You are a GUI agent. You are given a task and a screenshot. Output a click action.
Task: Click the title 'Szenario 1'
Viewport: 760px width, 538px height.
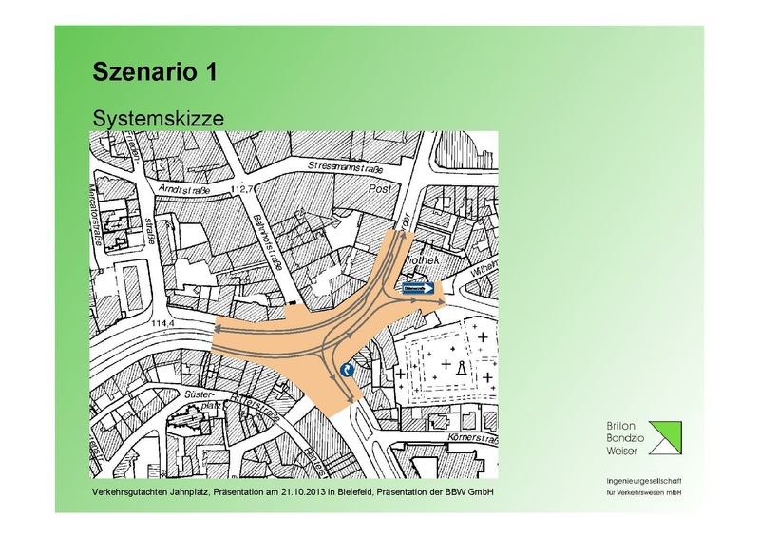[x=161, y=71]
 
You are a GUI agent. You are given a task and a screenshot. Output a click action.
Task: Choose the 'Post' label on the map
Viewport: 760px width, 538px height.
[x=380, y=189]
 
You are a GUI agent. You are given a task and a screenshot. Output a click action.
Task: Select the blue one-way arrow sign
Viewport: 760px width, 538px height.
[x=419, y=287]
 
